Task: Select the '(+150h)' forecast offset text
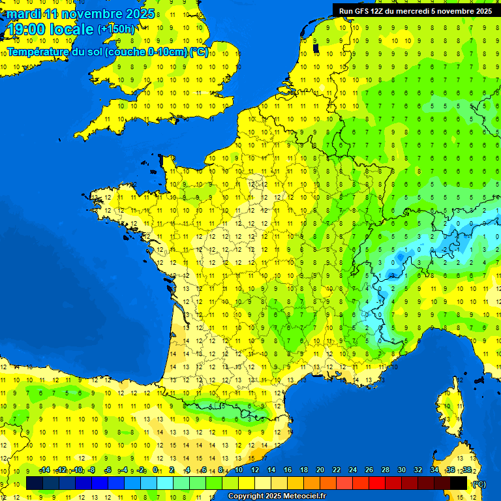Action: tap(116, 29)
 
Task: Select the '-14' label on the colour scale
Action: tap(44, 470)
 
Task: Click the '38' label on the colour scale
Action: tap(466, 470)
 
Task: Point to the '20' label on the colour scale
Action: tap(320, 470)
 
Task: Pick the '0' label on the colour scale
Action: tap(155, 470)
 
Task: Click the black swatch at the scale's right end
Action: tap(459, 483)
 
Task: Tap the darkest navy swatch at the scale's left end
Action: tap(35, 483)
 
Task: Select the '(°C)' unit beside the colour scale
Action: tap(479, 484)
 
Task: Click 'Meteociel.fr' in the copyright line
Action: tap(304, 496)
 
